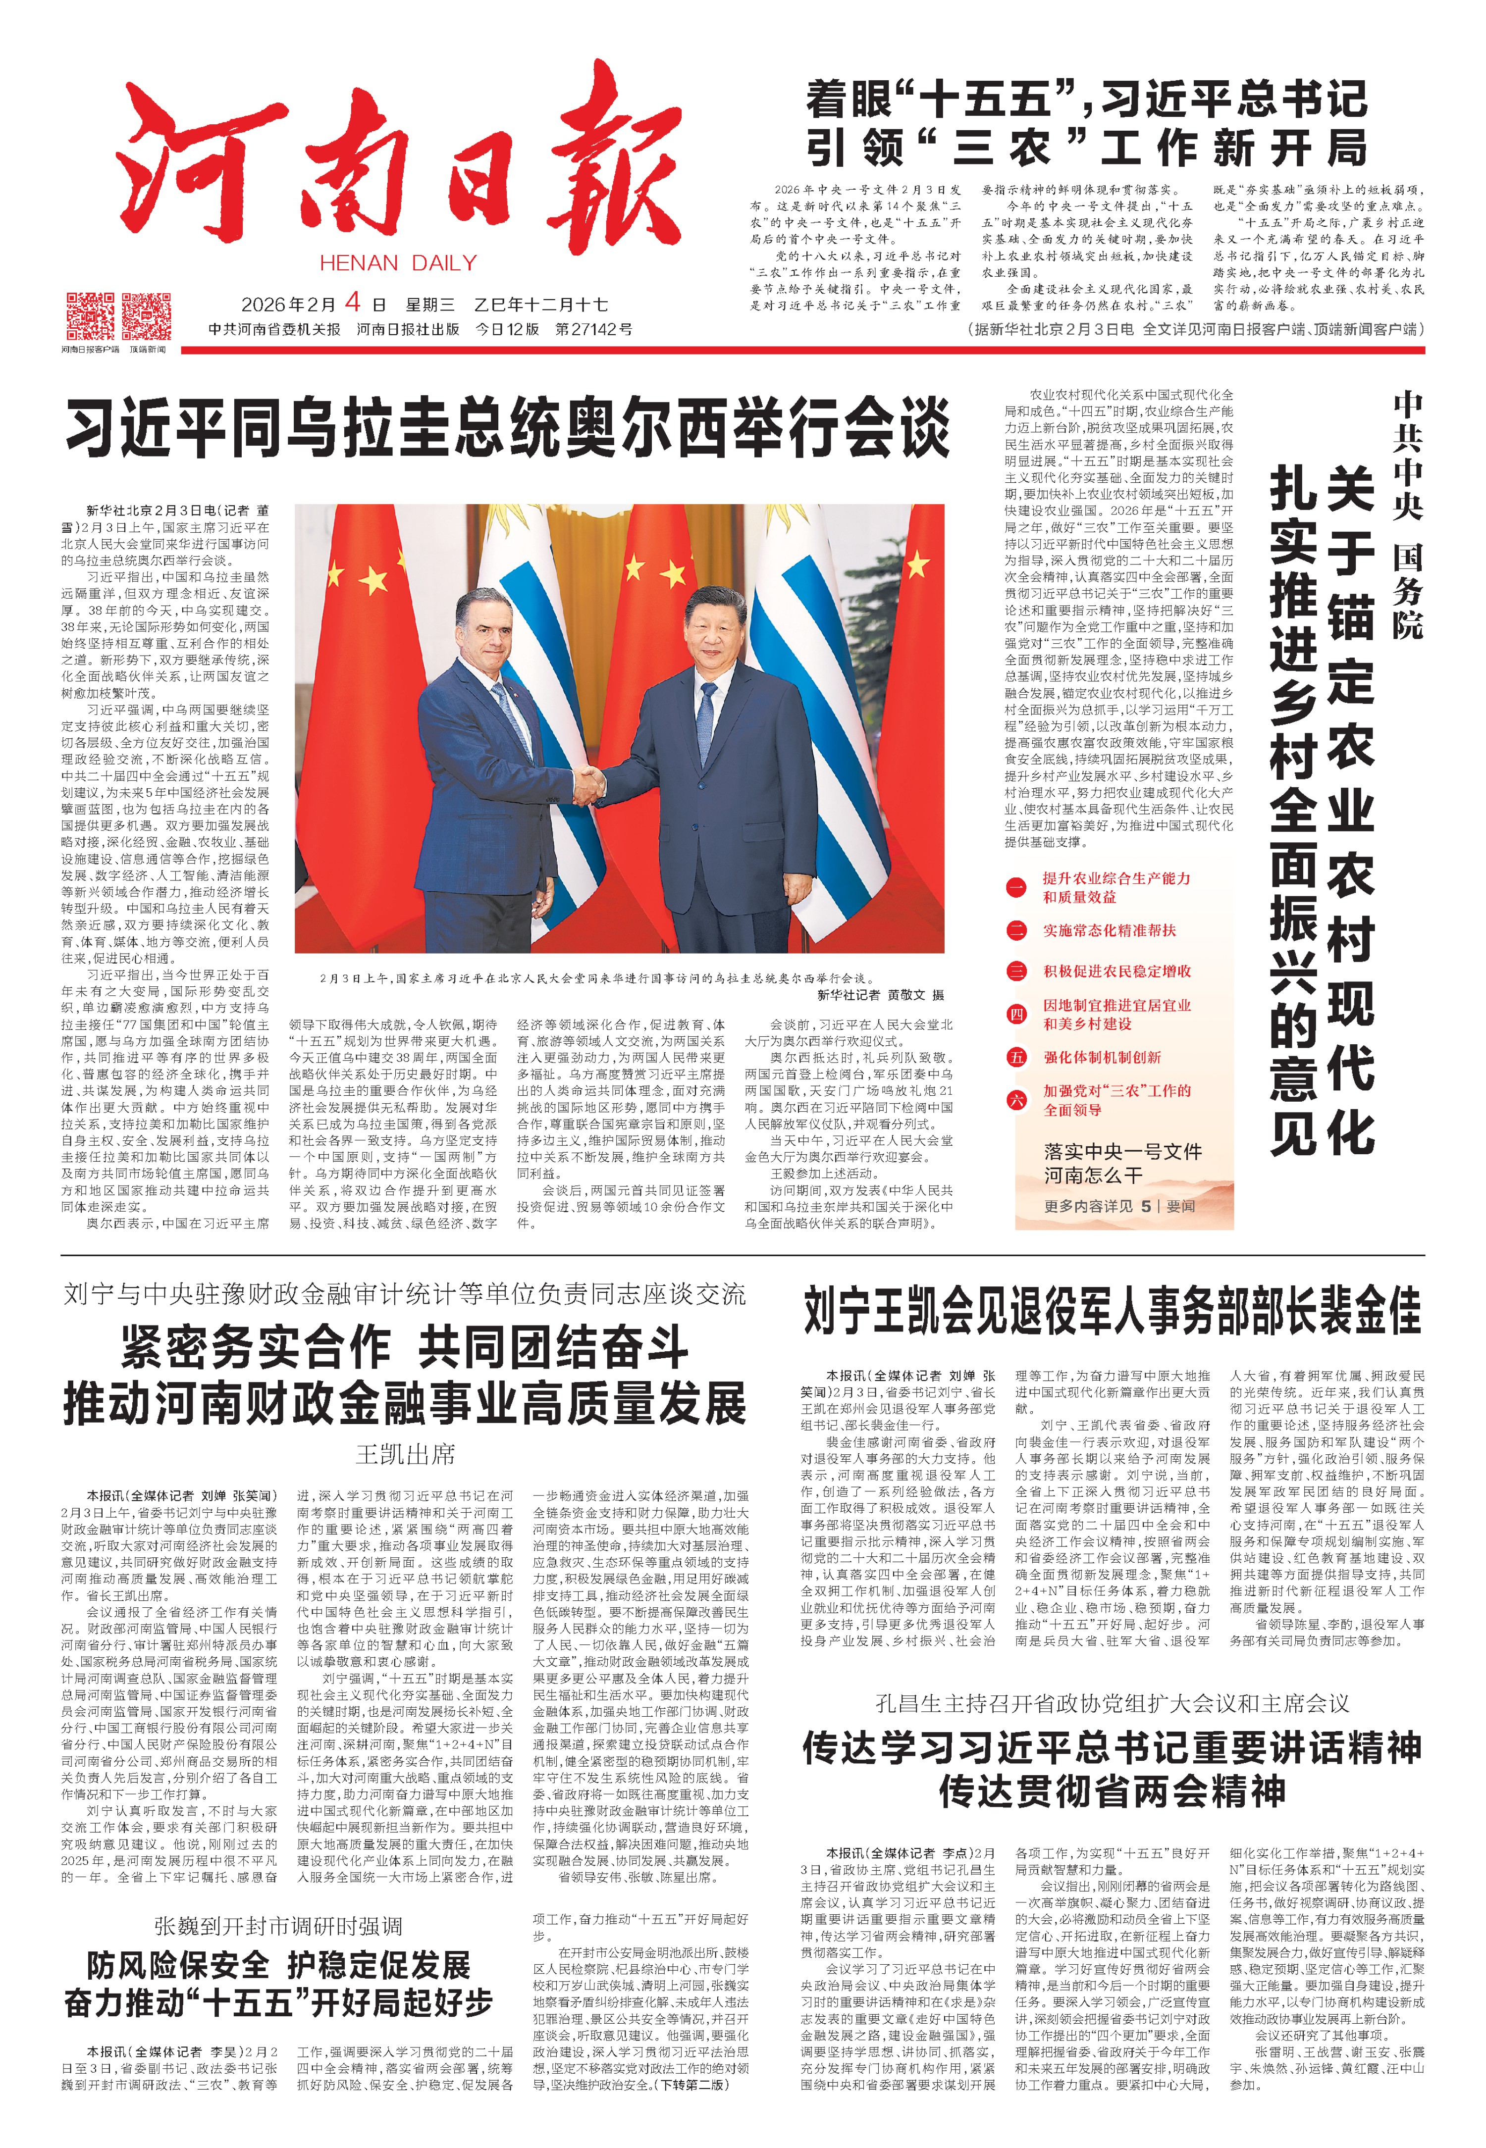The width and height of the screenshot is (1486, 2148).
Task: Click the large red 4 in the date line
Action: point(352,303)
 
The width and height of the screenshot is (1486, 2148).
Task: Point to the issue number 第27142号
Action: point(594,329)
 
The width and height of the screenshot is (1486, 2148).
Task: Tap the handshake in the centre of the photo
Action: point(588,784)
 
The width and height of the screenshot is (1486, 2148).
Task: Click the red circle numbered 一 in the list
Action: point(1016,887)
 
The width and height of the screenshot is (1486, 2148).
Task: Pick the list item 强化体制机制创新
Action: point(1102,1057)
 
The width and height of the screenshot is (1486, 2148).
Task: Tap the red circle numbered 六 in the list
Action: point(1016,1099)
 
